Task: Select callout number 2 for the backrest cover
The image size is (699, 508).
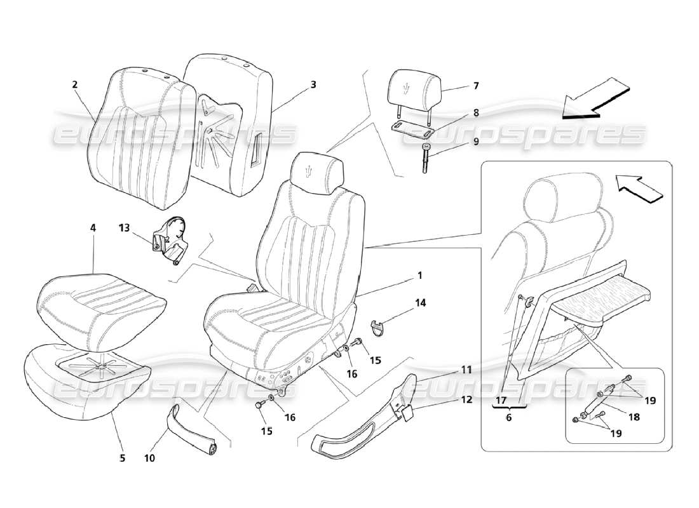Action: (x=75, y=84)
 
